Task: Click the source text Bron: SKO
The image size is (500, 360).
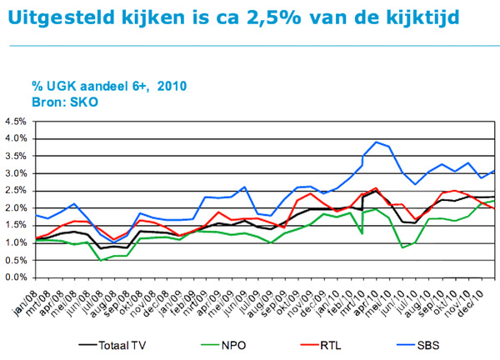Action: [64, 101]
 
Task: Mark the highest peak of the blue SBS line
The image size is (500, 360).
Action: [377, 141]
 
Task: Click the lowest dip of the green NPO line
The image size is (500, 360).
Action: [101, 261]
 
